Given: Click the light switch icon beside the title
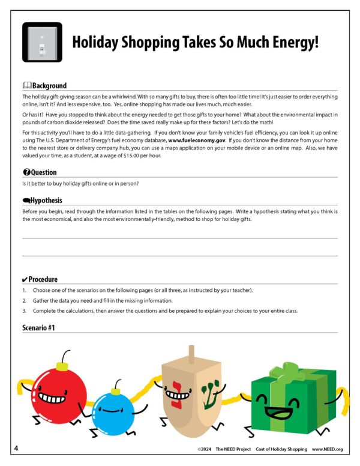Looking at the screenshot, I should click(x=42, y=42).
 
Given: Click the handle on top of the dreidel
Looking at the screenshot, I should click(x=192, y=353).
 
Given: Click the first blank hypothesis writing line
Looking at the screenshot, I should click(x=180, y=238).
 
